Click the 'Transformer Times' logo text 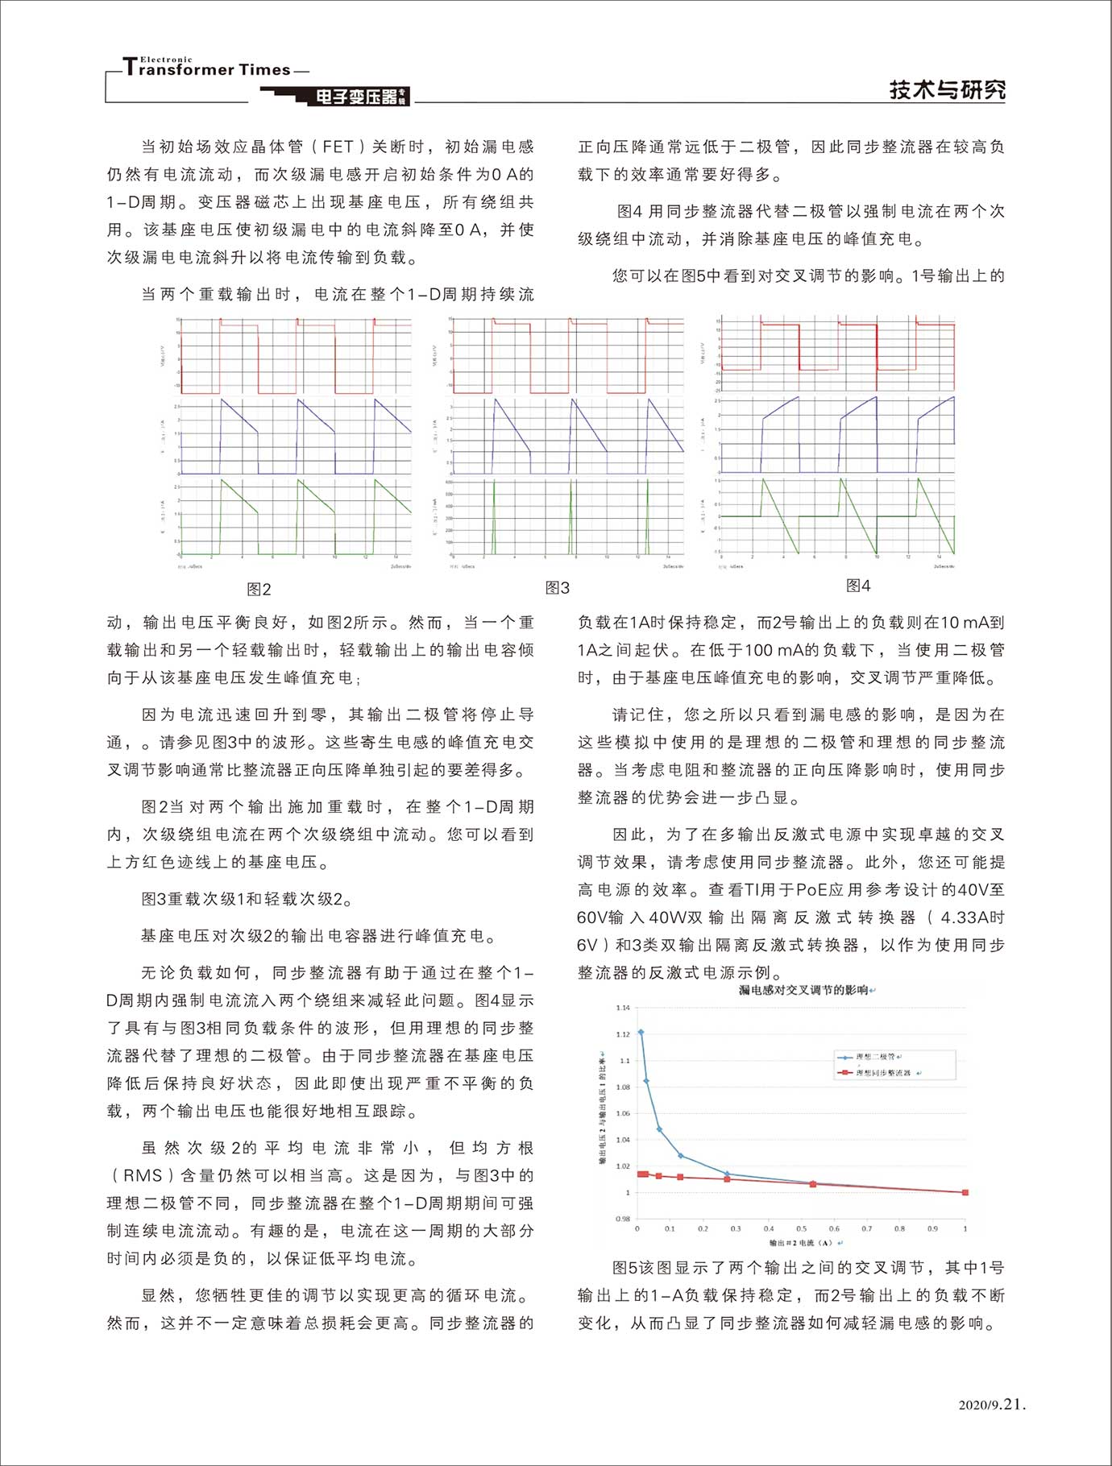(x=207, y=69)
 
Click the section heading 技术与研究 (x=947, y=89)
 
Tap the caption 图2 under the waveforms (x=259, y=590)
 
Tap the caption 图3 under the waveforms (x=557, y=588)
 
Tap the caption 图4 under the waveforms (x=858, y=586)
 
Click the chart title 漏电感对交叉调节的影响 (x=803, y=990)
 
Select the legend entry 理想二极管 (x=875, y=1057)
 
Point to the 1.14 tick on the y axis (x=622, y=1008)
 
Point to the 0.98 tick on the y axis (x=622, y=1219)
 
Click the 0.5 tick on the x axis (x=801, y=1229)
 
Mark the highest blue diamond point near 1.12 (x=641, y=1032)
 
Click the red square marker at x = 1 (x=965, y=1192)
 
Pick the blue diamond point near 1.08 (x=646, y=1081)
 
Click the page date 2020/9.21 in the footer (x=992, y=1404)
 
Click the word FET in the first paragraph (x=338, y=147)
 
